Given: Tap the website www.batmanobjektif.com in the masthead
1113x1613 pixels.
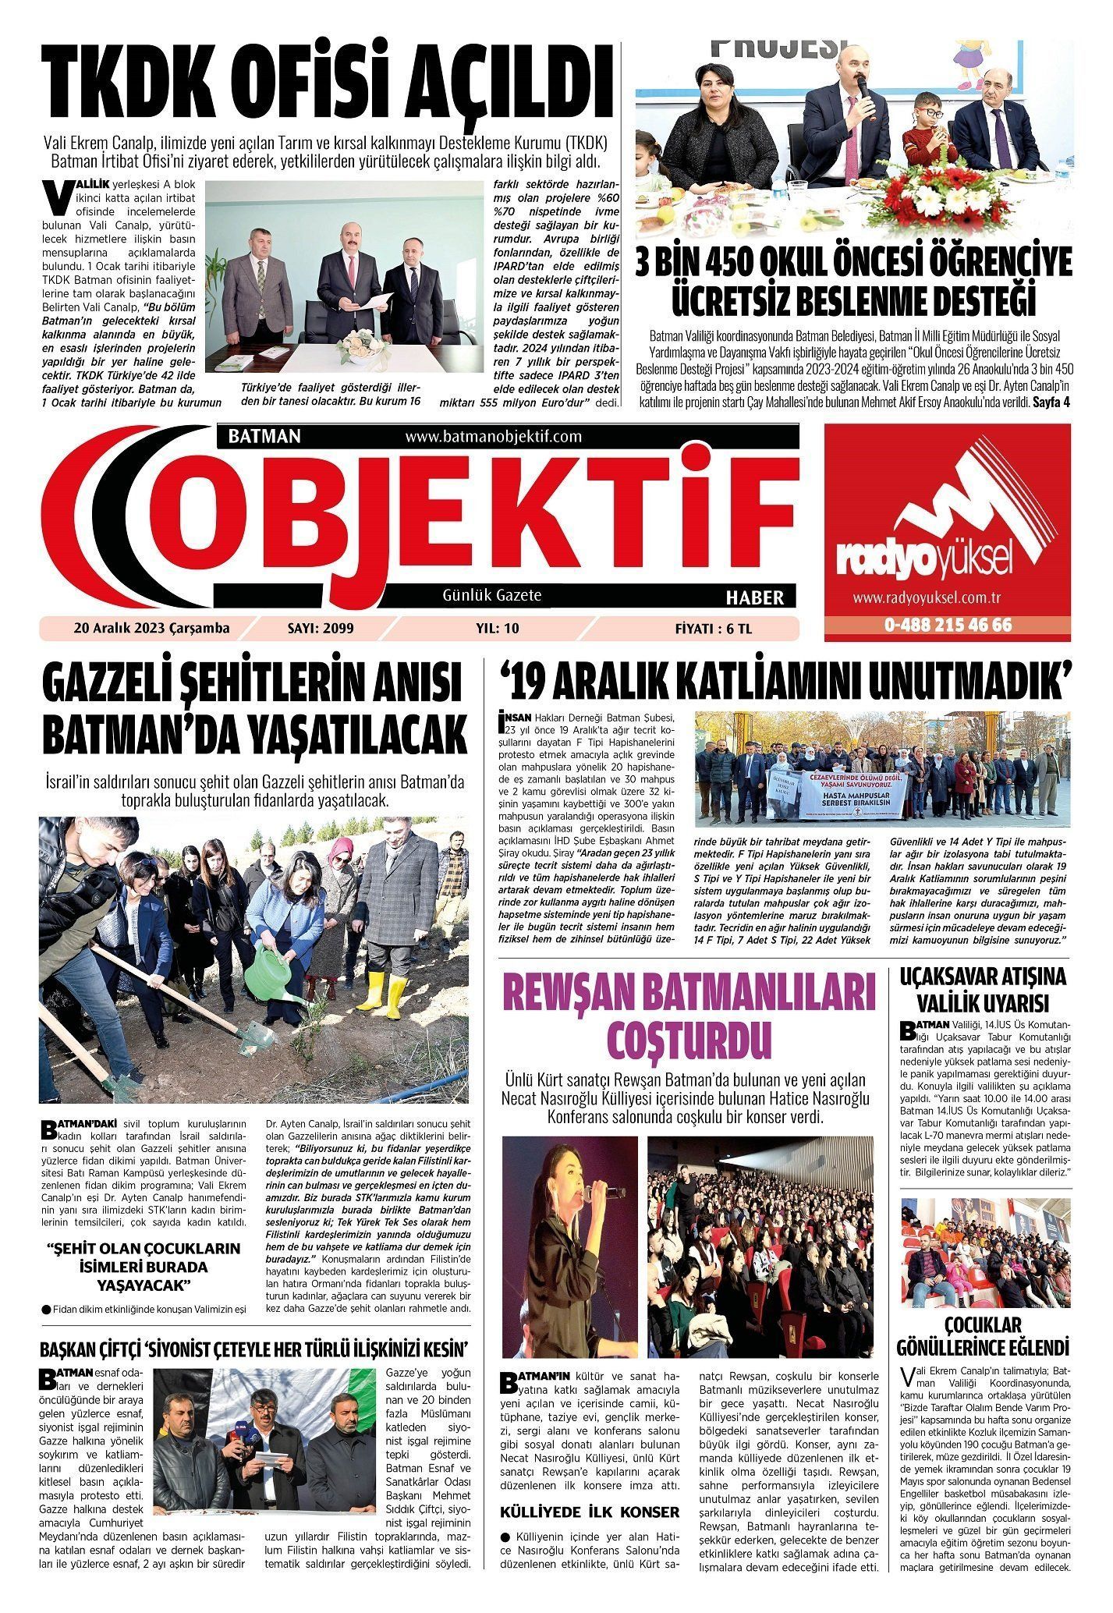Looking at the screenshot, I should pos(494,437).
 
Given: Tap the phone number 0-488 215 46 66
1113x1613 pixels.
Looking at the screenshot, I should pos(948,626).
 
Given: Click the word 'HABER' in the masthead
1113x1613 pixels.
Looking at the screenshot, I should pos(754,598).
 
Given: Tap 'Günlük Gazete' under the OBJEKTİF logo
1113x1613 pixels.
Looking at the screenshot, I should pos(492,596).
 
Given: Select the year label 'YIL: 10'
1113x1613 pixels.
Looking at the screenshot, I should pos(497,629).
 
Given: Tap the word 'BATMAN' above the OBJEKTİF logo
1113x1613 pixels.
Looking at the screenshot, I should pos(264,437).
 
